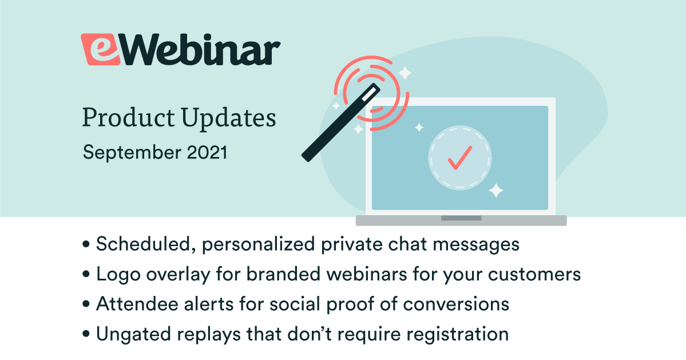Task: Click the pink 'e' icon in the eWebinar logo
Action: [100, 49]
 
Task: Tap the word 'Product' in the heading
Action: [129, 118]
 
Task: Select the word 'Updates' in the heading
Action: [229, 118]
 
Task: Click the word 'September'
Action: [132, 153]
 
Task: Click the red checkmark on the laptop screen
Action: [460, 157]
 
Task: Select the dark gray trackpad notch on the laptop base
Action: [461, 218]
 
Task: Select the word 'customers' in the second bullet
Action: [534, 274]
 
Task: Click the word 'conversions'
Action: [456, 304]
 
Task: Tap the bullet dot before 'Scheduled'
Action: [86, 244]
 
